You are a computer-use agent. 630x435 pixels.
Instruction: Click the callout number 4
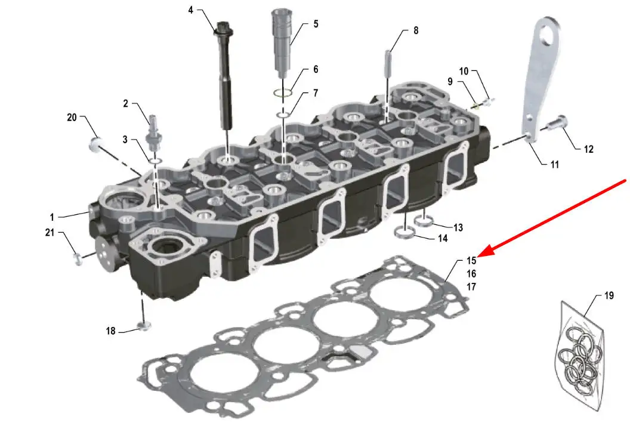click(x=191, y=10)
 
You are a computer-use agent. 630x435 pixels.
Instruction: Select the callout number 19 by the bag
click(x=609, y=295)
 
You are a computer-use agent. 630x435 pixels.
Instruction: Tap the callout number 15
click(x=471, y=261)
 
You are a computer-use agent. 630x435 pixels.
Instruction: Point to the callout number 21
click(x=50, y=232)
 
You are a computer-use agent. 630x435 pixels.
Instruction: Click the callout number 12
click(x=589, y=149)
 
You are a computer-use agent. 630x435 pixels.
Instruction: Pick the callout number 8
click(x=416, y=30)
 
